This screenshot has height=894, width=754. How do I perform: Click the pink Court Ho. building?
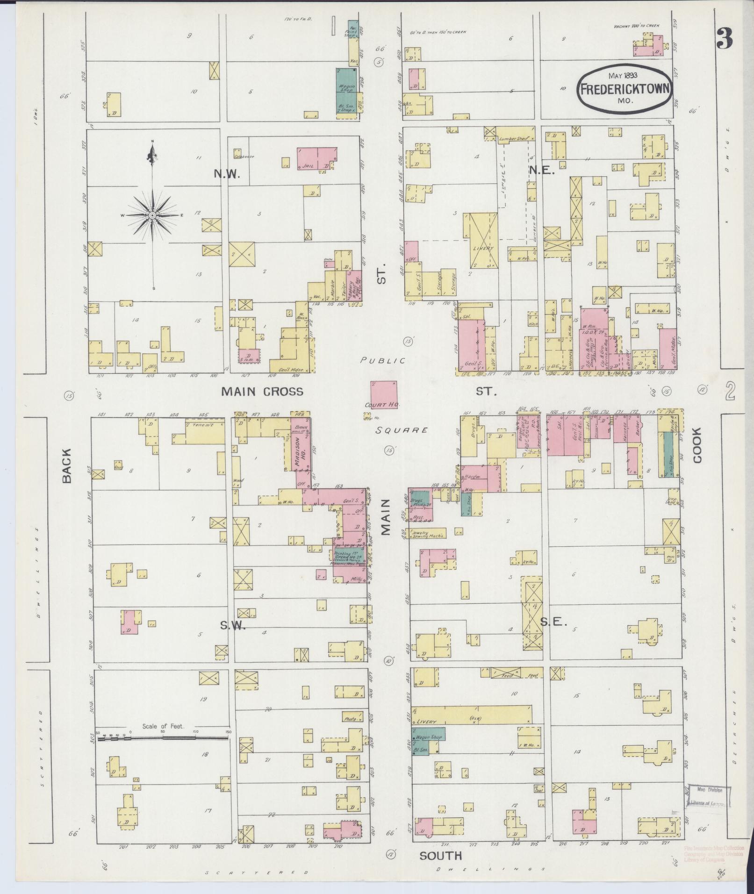(x=384, y=394)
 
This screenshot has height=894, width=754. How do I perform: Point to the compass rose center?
(x=152, y=215)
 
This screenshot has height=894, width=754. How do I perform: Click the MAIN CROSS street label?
(x=262, y=392)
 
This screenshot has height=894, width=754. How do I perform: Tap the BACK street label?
(x=66, y=465)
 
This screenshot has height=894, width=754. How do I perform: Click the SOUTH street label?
(x=440, y=856)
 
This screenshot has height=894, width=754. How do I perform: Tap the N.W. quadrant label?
(x=227, y=174)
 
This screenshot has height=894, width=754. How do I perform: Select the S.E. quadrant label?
(x=553, y=622)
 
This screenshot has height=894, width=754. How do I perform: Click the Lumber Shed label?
(x=513, y=138)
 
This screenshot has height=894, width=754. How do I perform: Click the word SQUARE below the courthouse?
(x=402, y=430)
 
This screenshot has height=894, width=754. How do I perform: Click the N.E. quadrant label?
(x=541, y=171)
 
